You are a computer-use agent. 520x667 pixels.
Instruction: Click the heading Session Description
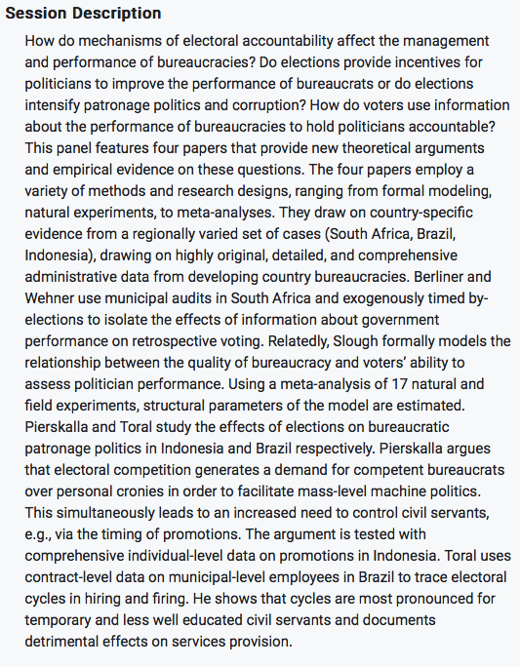click(x=84, y=15)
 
